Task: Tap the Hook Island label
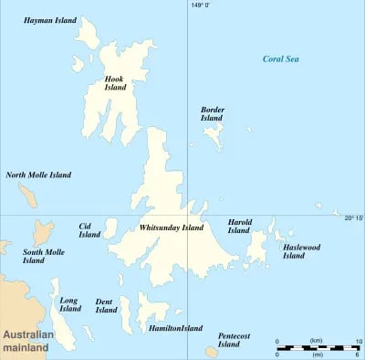114,84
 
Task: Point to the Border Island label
212,113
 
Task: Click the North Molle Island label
38,175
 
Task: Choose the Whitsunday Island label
172,228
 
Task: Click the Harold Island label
238,226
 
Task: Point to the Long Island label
69,304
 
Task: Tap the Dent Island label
106,305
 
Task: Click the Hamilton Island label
175,328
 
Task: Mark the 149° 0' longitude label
200,5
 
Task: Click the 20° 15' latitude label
353,217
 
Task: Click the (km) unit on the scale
316,340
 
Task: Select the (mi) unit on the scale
316,355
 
